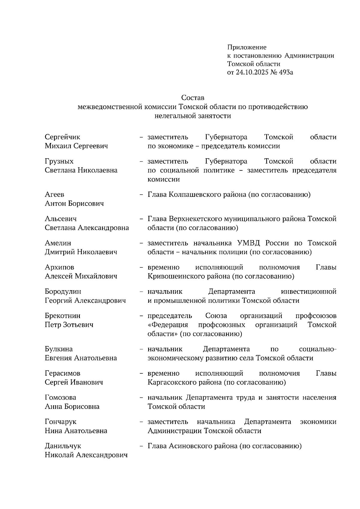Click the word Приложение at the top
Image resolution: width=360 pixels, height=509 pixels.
pos(247,47)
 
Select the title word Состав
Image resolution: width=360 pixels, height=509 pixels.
pos(193,98)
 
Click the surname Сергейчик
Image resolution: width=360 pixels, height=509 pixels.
pos(62,137)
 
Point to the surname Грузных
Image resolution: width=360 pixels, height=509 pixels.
pos(59,162)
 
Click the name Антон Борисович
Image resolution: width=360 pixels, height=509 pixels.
pos(74,204)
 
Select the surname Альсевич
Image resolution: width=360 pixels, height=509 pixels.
pos(61,219)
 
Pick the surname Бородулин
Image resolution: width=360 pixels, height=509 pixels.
pos(63,292)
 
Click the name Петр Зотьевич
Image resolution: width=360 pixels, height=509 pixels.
pos(69,325)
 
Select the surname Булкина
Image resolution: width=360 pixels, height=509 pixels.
pos(58,349)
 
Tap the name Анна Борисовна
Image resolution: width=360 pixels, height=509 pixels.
pos(72,407)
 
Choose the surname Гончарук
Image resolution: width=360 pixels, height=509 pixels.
pos(61,422)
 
